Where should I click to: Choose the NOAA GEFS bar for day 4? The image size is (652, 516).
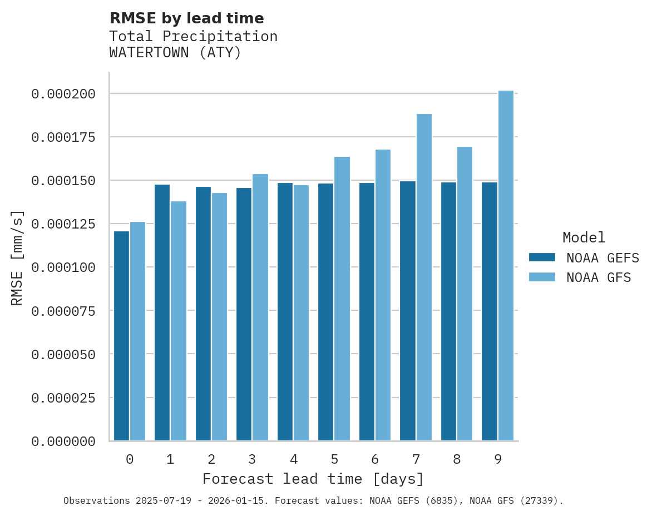(285, 311)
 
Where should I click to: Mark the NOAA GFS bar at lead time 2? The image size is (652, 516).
(219, 316)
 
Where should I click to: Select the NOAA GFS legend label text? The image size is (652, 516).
(599, 277)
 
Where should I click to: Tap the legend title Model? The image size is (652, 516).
(584, 237)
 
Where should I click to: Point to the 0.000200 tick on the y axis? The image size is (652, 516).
(63, 94)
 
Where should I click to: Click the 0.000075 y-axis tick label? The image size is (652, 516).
(63, 311)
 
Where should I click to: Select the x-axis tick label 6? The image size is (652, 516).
(375, 459)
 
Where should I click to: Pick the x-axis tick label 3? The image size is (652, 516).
(252, 459)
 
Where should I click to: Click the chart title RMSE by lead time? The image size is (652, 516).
(186, 18)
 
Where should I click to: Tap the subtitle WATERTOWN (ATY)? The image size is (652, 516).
(175, 53)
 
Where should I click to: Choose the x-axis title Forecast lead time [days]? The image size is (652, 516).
(313, 479)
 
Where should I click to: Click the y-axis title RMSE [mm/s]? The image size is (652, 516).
(17, 257)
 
